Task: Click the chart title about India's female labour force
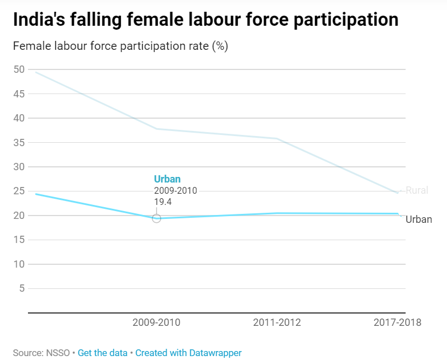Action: pos(205,20)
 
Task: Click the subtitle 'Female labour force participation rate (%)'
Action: pos(120,46)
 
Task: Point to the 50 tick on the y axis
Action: pos(19,69)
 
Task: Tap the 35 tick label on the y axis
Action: pos(19,142)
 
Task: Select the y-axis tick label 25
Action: pos(19,191)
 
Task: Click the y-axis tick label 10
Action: pos(19,264)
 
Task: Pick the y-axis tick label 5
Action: pos(22,288)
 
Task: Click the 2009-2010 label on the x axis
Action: pos(157,322)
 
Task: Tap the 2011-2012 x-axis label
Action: pos(277,322)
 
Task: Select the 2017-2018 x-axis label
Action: pos(397,322)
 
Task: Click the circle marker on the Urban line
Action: pos(157,218)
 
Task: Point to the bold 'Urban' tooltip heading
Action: pos(167,179)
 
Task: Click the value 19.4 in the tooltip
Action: pos(163,202)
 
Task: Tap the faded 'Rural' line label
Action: pos(417,190)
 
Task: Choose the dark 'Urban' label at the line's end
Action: pos(419,219)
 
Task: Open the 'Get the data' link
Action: pos(102,353)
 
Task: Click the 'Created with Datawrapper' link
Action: pos(189,353)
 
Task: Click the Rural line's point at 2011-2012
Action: pos(277,138)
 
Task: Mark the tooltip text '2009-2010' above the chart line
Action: pos(175,190)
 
